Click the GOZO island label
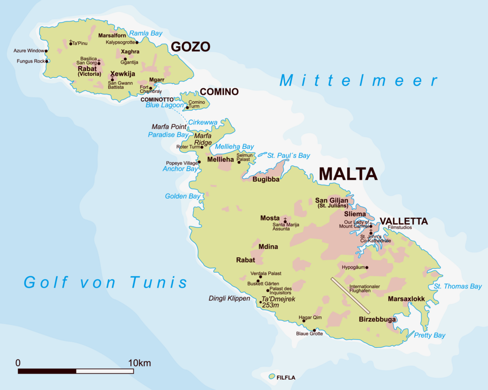click(x=190, y=47)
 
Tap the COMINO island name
click(x=219, y=92)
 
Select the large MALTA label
click(x=348, y=174)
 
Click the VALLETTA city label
click(x=404, y=221)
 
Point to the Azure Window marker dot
click(x=46, y=51)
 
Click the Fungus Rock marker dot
click(x=47, y=61)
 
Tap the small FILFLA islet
click(x=272, y=376)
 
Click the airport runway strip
click(x=350, y=296)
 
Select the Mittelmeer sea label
click(x=358, y=81)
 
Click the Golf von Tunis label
click(x=106, y=282)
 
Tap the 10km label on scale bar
click(x=139, y=363)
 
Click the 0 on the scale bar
click(x=18, y=363)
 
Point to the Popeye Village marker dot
click(x=199, y=162)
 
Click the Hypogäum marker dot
click(x=367, y=268)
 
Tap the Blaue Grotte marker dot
click(x=314, y=330)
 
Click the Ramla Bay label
click(x=145, y=34)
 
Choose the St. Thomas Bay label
click(x=457, y=286)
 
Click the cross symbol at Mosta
click(x=285, y=220)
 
